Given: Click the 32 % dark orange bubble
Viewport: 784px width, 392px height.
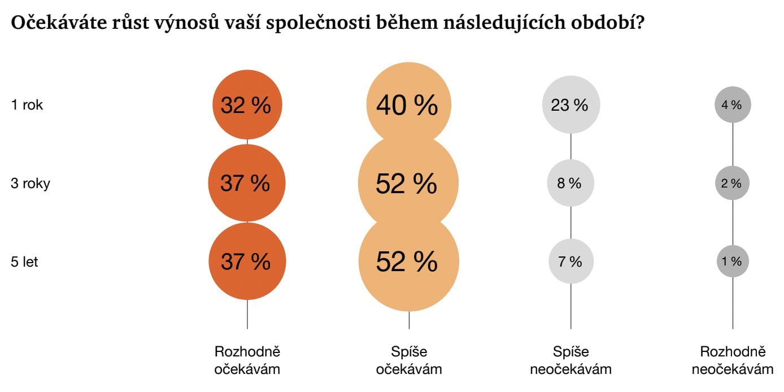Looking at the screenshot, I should coord(247,105).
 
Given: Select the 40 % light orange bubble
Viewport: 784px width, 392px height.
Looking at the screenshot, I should coord(408,105).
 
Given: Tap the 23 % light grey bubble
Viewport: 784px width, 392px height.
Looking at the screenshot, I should coord(570,105).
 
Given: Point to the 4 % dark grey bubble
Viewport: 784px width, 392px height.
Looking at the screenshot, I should coord(733,104).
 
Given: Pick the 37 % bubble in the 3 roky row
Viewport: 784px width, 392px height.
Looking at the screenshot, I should coord(247,183).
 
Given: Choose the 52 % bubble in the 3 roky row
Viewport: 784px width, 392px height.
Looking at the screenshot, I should coord(408,183).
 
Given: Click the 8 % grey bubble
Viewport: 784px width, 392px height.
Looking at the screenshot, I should coord(570,183).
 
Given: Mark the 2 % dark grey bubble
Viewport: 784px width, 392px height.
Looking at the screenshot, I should coord(733,183).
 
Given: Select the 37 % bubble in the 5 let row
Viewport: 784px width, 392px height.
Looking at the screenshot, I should coord(247,262).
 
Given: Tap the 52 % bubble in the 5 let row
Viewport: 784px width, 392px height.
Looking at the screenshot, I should coord(408,262).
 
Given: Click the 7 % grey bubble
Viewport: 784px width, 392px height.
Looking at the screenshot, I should coord(570,262).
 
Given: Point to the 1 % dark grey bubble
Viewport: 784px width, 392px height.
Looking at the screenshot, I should coord(733,261).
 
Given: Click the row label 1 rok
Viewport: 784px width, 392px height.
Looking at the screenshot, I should coord(27,105).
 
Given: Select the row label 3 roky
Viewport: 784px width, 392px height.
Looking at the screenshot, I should coord(31,184).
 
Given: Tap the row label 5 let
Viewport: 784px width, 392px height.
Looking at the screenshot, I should coord(25,262).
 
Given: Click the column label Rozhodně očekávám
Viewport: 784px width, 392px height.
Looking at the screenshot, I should coord(247,360).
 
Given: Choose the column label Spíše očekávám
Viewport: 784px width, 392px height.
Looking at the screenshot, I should coord(409,360).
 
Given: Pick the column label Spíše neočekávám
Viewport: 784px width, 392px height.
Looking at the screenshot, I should coord(570,360).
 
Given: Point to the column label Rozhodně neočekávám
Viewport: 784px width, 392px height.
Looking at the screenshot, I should coord(733,360).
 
